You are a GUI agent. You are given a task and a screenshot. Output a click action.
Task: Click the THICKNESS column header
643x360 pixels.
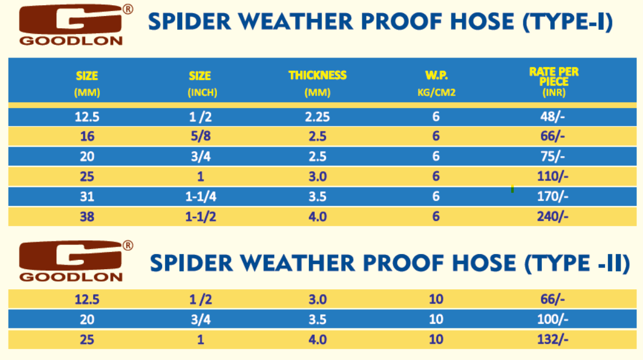coord(317,83)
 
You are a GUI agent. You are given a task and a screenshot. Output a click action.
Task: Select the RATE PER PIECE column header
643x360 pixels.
coord(554,82)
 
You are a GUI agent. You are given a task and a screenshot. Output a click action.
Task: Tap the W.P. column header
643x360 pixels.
coord(437,83)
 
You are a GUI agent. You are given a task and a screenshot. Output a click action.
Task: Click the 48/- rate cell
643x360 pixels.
coord(552,117)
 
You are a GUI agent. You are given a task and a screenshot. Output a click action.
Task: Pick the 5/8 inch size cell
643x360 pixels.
coord(201,136)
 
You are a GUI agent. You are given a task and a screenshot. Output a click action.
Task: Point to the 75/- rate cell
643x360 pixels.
coord(552,156)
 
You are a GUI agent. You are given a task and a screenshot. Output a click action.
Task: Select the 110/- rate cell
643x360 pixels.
coord(552,177)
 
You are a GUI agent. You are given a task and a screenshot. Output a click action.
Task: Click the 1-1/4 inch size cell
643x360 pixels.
coord(201,197)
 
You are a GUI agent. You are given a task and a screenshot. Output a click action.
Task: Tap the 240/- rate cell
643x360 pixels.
coord(552,216)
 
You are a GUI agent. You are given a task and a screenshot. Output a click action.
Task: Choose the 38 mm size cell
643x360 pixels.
coord(87,216)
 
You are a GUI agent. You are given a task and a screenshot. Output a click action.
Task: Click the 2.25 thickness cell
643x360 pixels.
coord(317,117)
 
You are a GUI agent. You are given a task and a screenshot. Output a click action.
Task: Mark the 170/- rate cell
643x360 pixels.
coord(552,197)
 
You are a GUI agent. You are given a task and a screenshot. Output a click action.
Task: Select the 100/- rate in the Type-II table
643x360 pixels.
coord(552,319)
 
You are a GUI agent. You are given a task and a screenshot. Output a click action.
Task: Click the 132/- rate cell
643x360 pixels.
coord(552,339)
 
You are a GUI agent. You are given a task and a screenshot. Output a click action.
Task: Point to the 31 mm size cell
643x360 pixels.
coord(87,197)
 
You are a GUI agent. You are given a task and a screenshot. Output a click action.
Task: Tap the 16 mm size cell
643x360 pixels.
coord(87,136)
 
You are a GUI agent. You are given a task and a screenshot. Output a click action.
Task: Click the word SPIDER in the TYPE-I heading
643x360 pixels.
coord(189,22)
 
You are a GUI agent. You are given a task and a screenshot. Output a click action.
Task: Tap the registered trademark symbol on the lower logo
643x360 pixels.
coord(128,245)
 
